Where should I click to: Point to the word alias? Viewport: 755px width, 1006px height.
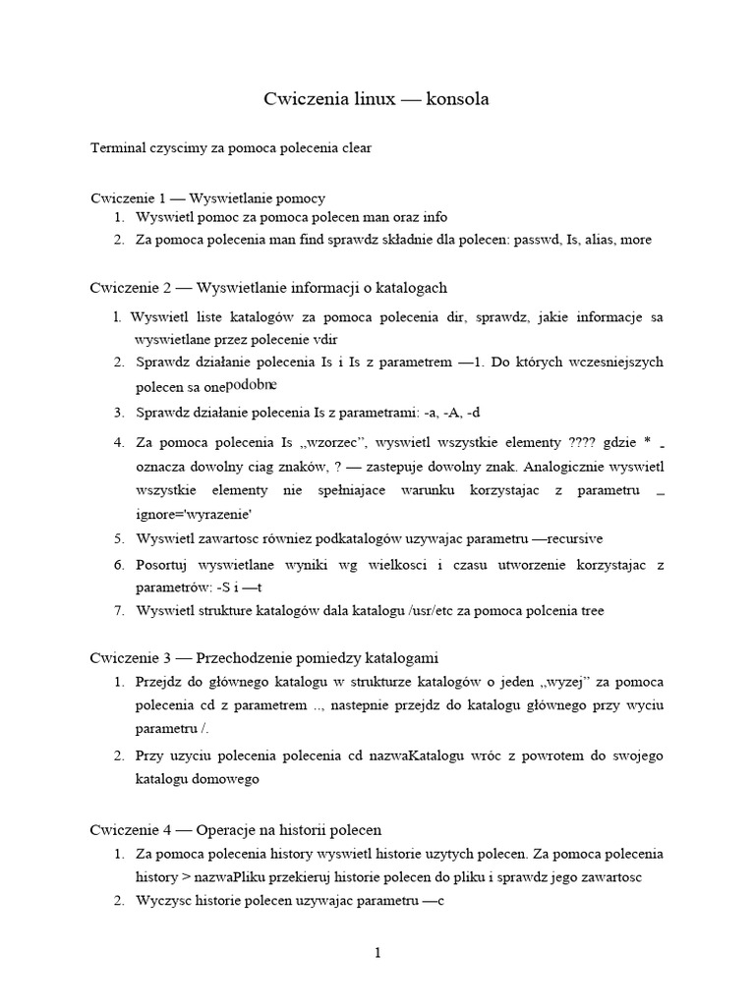(x=601, y=240)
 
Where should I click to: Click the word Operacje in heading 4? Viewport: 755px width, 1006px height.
(x=229, y=829)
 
